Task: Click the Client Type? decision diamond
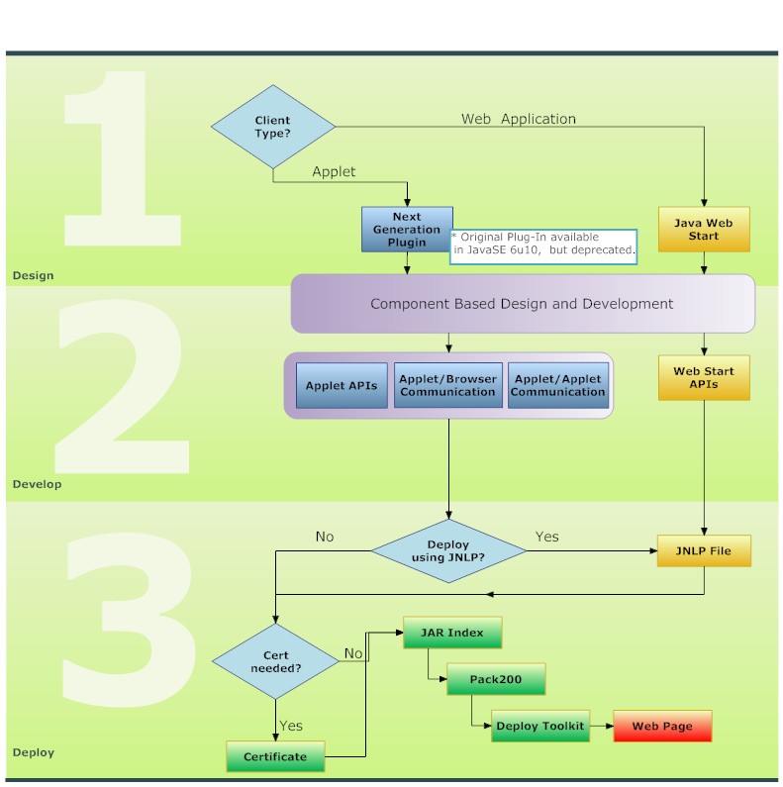click(x=273, y=127)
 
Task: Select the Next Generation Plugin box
click(x=407, y=230)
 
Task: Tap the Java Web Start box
click(x=704, y=230)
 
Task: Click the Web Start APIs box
click(x=704, y=378)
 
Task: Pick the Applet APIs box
click(x=342, y=386)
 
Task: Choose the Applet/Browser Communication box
click(x=447, y=386)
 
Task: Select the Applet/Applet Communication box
click(x=557, y=386)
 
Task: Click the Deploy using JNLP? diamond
click(x=448, y=551)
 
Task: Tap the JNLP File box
click(x=704, y=550)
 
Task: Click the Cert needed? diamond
click(x=275, y=661)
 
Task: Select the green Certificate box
click(x=275, y=757)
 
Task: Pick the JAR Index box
click(x=451, y=633)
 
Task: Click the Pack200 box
click(x=496, y=680)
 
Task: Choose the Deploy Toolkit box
click(x=540, y=726)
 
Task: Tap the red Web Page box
click(x=662, y=726)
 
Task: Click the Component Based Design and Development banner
click(x=522, y=304)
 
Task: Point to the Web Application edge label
click(x=518, y=119)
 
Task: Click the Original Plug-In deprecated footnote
click(x=542, y=245)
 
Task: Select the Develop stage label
click(x=37, y=484)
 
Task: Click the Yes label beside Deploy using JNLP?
click(x=546, y=537)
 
